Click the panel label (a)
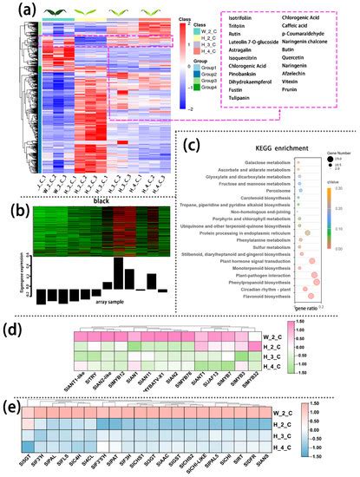[x=14, y=10]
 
